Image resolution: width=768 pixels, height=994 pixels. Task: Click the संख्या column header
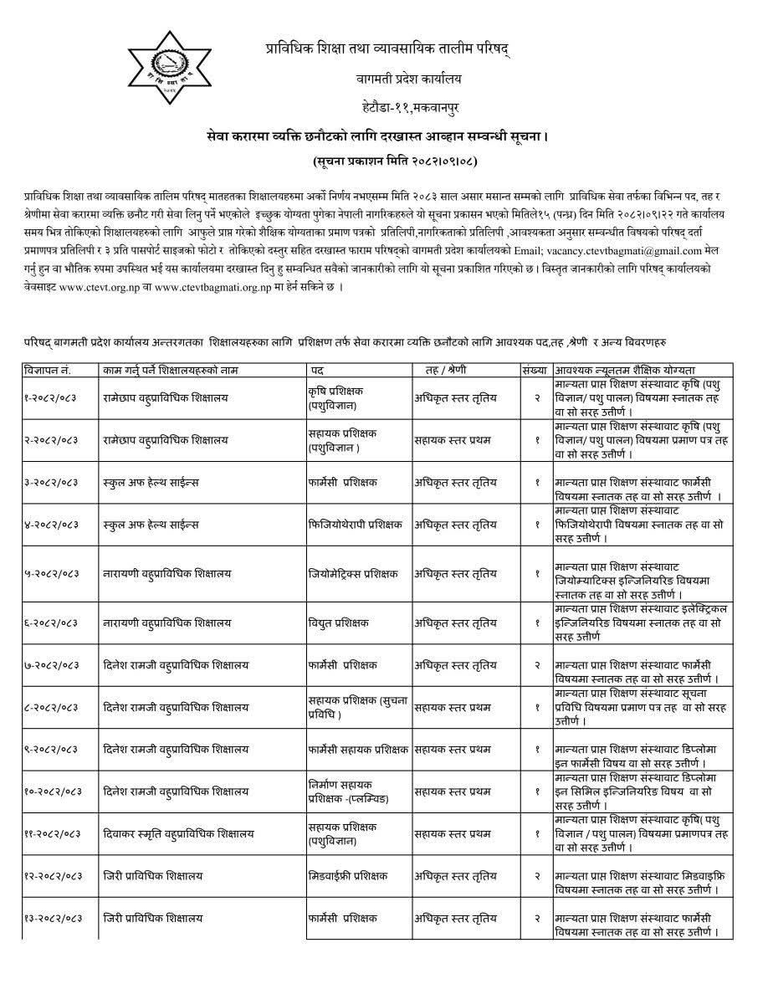tap(534, 369)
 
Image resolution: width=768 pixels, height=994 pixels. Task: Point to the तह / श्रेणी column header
tap(446, 369)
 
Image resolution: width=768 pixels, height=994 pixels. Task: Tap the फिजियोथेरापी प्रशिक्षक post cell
tap(355, 525)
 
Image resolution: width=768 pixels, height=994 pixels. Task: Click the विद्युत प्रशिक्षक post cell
tap(339, 623)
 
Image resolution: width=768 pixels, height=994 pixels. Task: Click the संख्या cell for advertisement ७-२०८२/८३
tap(536, 665)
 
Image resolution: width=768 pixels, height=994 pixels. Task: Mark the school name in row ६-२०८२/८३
tap(167, 623)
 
